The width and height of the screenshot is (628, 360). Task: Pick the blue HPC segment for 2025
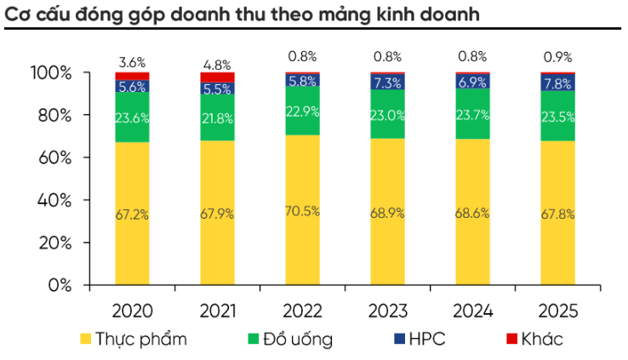coord(557,83)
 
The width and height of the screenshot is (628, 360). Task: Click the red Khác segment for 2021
coord(217,77)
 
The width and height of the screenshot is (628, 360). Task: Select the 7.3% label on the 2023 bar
coord(387,83)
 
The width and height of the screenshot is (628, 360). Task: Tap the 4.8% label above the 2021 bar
coord(217,63)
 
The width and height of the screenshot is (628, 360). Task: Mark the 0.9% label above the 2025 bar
coord(557,58)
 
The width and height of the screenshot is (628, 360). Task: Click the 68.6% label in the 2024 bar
coord(472,213)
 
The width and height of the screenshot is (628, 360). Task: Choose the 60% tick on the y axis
coord(53,157)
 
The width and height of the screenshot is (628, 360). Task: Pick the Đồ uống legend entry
coord(290,340)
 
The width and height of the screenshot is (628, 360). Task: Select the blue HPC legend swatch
coord(399,340)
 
